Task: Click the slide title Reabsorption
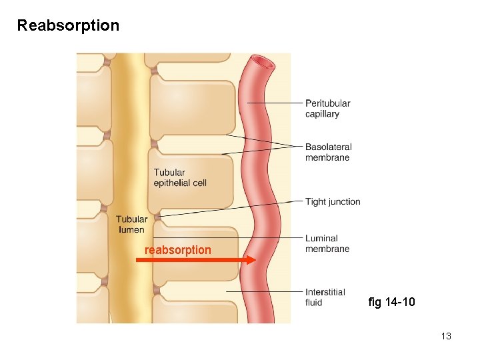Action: click(68, 26)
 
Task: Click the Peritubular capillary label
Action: click(327, 109)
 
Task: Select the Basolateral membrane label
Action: click(328, 152)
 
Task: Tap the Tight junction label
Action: click(333, 201)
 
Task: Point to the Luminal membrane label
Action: click(327, 243)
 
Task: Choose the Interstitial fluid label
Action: click(325, 297)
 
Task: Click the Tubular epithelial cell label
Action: click(180, 178)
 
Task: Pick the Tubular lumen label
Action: click(131, 225)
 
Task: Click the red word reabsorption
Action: click(177, 250)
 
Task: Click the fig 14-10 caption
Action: click(391, 302)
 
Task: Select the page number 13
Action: click(446, 336)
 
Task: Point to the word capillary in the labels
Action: click(322, 114)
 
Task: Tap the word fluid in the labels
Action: click(313, 303)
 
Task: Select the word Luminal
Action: click(321, 238)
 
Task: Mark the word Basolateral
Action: click(328, 147)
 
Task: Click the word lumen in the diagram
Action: click(131, 230)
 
